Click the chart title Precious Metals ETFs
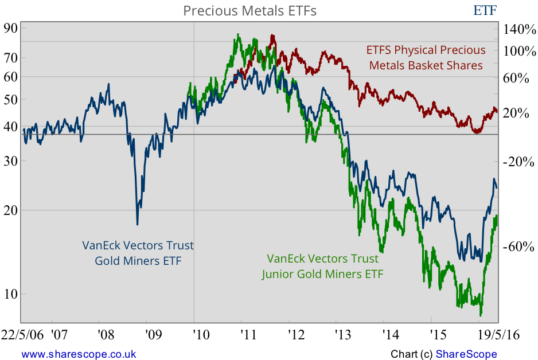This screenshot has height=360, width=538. coord(249,10)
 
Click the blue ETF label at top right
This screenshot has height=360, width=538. coord(485,10)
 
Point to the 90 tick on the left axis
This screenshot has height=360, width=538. coord(11,28)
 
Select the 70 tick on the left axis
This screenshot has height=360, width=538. coord(11,57)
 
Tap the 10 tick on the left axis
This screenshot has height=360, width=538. coord(11,294)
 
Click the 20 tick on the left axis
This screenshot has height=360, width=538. coord(11,210)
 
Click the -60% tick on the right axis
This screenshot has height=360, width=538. coord(518,247)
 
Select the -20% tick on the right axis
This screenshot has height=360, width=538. coord(518,162)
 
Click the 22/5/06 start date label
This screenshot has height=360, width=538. coord(22,335)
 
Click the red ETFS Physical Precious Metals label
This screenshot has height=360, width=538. coord(426,58)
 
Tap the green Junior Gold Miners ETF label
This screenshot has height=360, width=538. coord(322,266)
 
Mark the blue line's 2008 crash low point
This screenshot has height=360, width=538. coord(137,224)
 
